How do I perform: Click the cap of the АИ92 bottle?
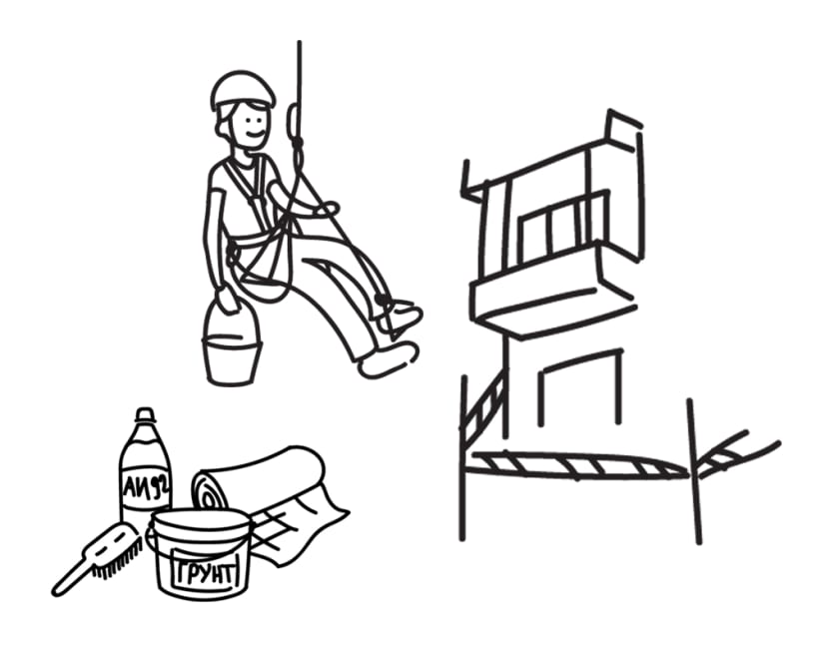pos(145,415)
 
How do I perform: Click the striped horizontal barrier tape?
pos(580,464)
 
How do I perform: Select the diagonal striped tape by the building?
pos(484,409)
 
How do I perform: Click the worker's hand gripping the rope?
pos(328,209)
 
